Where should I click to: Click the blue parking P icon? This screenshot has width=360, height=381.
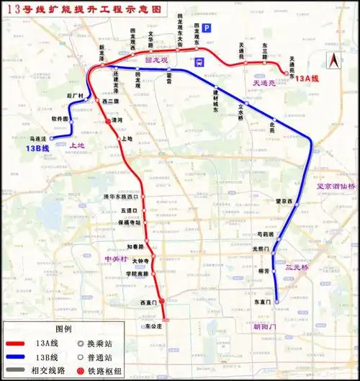pos(207,28)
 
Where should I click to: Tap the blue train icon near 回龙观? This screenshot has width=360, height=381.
pos(199,61)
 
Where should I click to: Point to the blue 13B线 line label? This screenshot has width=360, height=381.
pos(37,148)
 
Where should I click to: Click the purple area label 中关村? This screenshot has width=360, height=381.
pos(115,258)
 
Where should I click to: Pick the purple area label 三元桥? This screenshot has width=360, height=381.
pos(297,267)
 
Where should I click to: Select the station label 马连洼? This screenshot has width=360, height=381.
pos(37,138)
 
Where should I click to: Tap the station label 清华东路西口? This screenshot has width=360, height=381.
pos(120,196)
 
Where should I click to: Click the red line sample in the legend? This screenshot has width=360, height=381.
pos(22,344)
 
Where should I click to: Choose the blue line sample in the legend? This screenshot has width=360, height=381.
pos(22,357)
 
